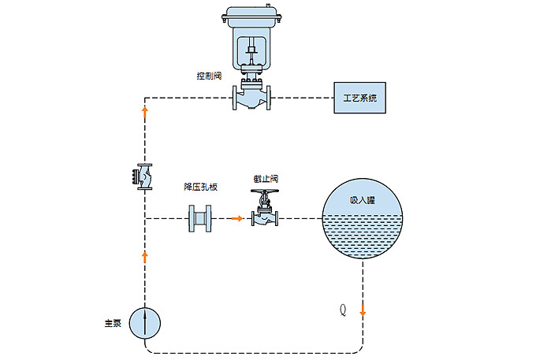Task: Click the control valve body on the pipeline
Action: [x=251, y=98]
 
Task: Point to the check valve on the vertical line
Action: [x=144, y=177]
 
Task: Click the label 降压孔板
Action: [x=200, y=187]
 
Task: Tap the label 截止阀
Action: [x=265, y=180]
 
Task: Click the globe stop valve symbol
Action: [x=264, y=218]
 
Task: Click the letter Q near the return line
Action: [x=342, y=310]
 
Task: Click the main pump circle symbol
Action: [x=144, y=322]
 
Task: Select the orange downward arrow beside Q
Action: [x=363, y=309]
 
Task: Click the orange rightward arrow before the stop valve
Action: [x=236, y=218]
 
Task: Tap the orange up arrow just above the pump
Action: [x=144, y=256]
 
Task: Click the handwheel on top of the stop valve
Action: [x=264, y=192]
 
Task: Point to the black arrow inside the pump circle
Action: [x=144, y=321]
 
